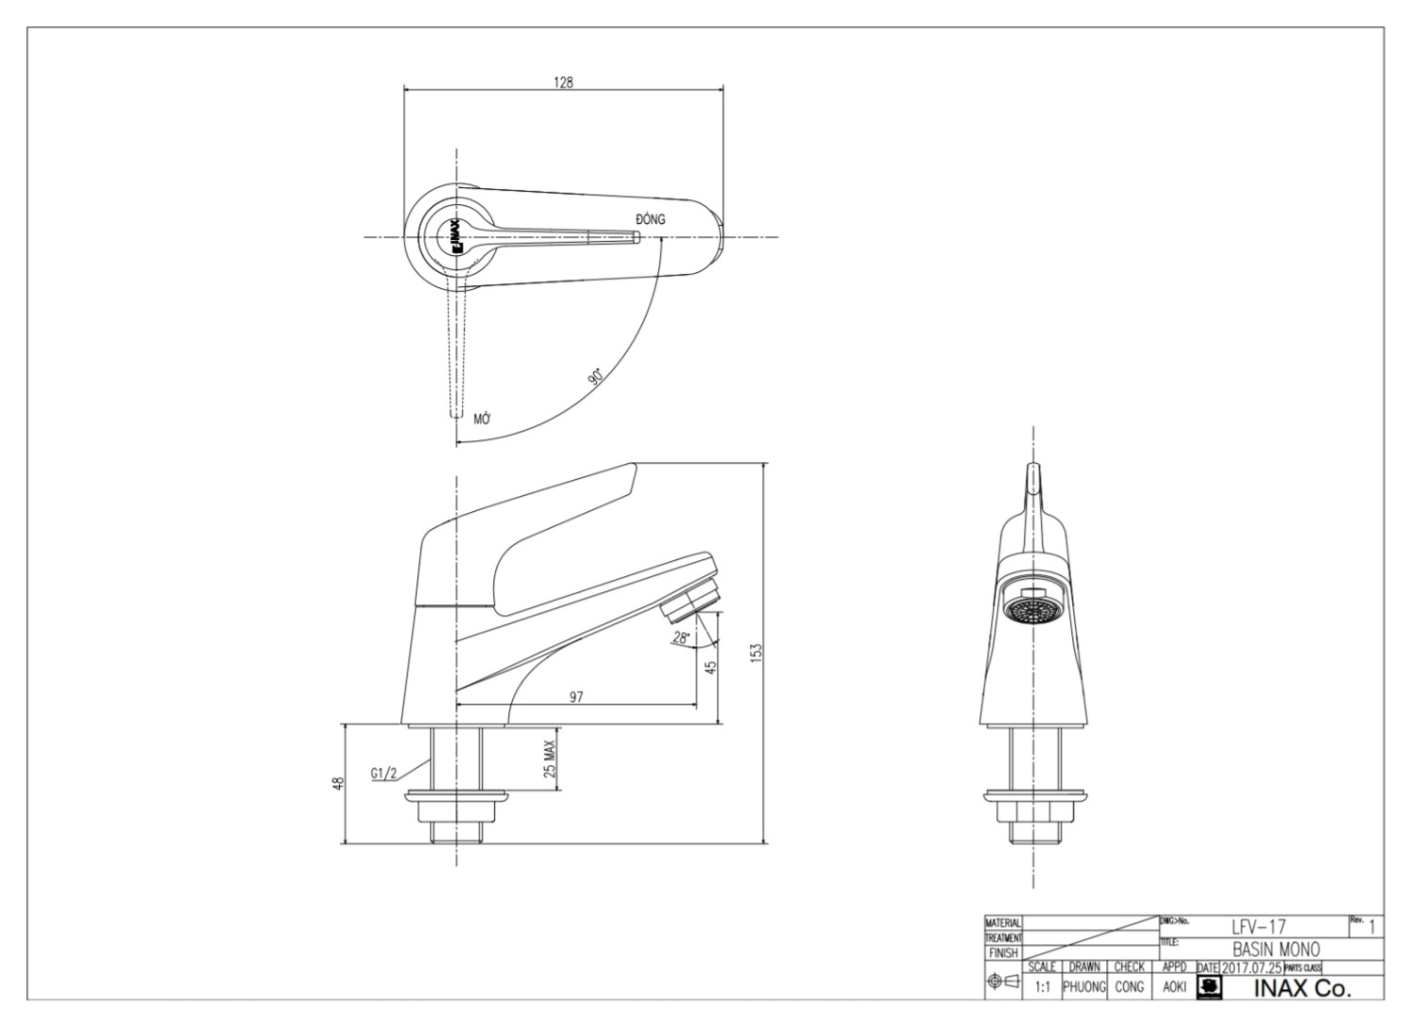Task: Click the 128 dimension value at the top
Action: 563,82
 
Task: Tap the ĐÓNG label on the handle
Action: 650,219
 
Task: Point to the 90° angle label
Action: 596,376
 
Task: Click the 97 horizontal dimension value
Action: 576,696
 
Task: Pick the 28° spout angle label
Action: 681,638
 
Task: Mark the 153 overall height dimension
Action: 756,652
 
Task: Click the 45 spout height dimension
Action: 712,666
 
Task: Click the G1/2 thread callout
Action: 384,774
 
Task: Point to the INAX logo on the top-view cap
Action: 453,237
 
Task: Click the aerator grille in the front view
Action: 1033,611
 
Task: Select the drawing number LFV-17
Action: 1259,928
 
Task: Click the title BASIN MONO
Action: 1276,950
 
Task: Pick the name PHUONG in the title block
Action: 1083,987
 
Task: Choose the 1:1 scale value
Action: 1042,987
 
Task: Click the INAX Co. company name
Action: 1302,988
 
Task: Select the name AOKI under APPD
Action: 1174,987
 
